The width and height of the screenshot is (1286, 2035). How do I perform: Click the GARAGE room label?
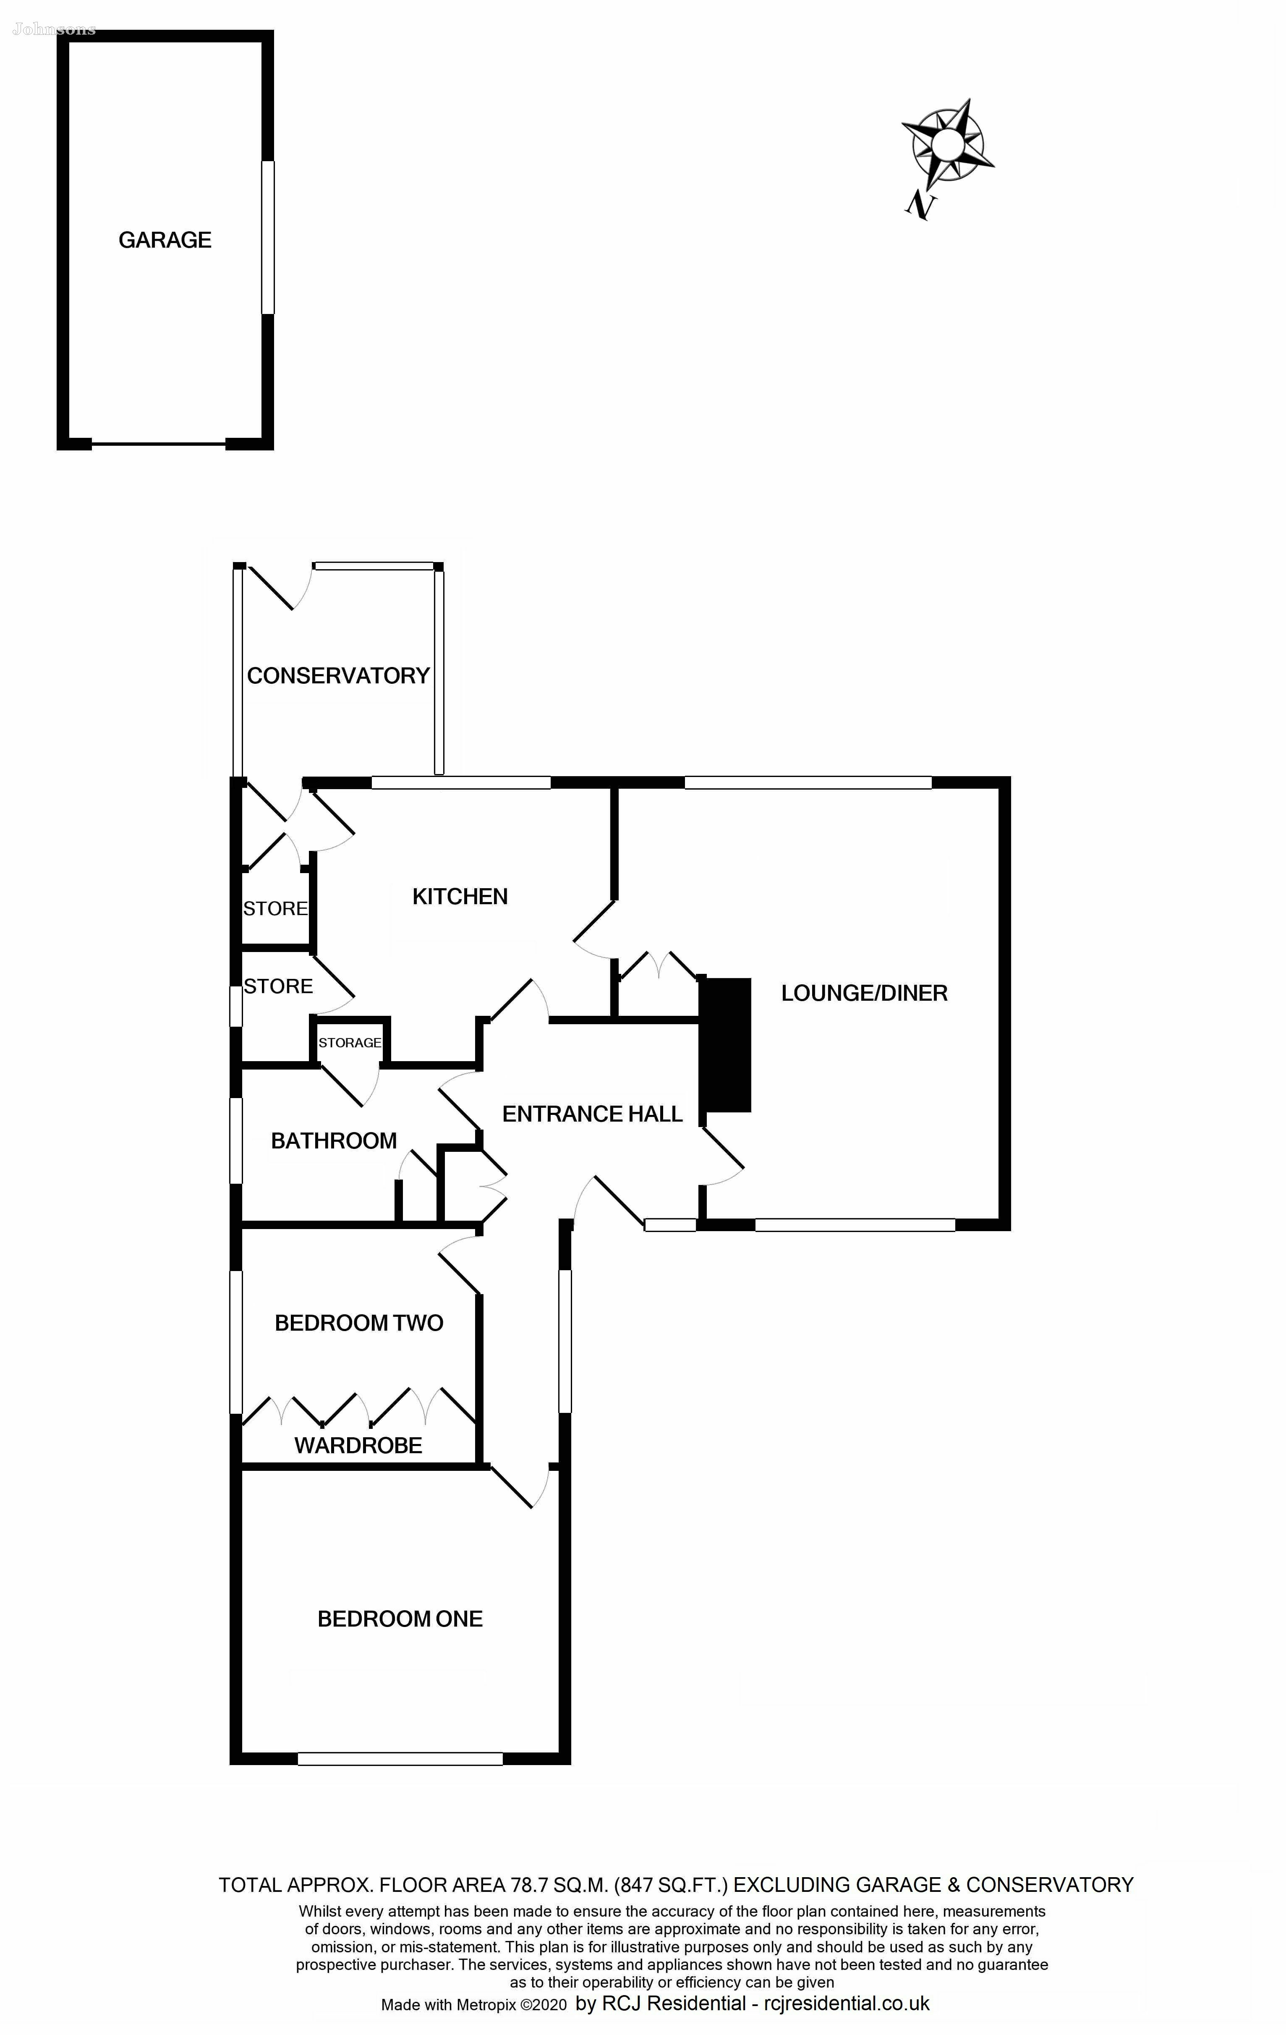165,240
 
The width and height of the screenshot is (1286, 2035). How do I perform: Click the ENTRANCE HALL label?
592,1114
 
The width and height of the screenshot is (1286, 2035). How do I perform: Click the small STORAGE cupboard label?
350,1043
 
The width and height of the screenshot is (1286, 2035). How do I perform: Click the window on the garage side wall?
268,238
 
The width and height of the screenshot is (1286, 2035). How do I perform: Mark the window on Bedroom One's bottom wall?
400,1759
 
